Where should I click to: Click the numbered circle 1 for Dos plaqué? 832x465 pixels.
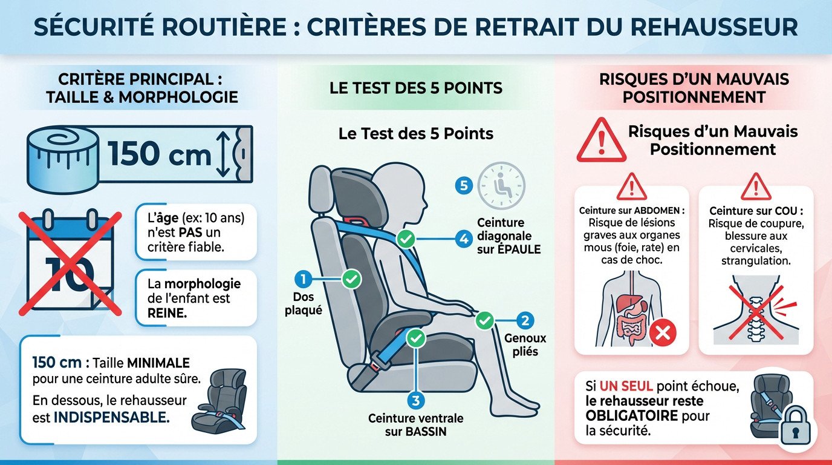(x=302, y=279)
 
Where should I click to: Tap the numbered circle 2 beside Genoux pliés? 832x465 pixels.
(x=525, y=321)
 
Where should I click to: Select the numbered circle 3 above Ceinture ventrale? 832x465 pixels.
(x=414, y=400)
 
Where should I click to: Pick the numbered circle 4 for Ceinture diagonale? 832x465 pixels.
(x=464, y=239)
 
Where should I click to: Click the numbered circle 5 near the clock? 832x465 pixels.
(x=464, y=186)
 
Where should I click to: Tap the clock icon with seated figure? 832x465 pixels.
(x=501, y=186)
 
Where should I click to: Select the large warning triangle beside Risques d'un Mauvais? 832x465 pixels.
(x=600, y=142)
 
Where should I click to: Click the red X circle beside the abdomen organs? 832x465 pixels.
(x=662, y=332)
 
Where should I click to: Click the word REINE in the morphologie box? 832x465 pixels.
(x=167, y=313)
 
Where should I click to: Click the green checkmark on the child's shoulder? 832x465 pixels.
(x=406, y=240)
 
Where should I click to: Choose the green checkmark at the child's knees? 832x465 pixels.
(x=484, y=320)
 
